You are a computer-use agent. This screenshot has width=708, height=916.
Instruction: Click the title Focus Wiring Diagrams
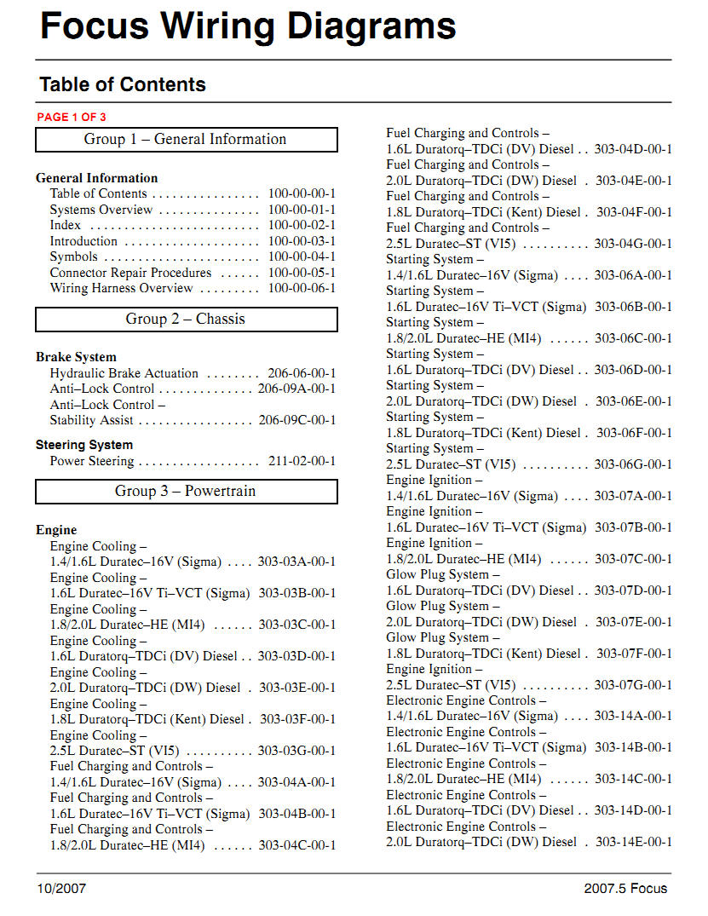[x=248, y=26]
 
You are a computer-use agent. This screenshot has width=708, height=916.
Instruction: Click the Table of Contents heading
[x=123, y=84]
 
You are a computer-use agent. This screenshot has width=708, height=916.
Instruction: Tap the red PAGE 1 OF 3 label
[x=72, y=118]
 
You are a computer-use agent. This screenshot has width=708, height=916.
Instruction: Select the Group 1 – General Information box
[x=186, y=140]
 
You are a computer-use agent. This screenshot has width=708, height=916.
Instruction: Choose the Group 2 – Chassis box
[x=186, y=320]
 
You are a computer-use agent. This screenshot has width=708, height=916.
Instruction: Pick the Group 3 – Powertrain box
[x=186, y=492]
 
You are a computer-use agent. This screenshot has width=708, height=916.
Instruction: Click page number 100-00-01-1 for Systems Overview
[x=302, y=210]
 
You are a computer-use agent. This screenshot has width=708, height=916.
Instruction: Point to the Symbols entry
[x=73, y=256]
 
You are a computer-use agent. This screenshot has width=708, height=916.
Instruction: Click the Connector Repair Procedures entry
[x=130, y=273]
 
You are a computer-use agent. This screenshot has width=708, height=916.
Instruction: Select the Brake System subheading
[x=76, y=357]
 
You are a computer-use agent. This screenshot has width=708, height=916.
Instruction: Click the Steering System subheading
[x=84, y=445]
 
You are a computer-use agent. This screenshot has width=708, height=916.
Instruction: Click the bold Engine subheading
[x=56, y=530]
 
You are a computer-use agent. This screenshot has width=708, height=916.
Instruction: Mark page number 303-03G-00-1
[x=296, y=751]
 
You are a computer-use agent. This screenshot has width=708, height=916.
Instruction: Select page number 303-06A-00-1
[x=633, y=275]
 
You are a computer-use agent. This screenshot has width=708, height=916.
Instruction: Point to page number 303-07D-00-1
[x=633, y=591]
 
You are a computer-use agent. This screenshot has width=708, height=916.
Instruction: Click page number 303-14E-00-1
[x=634, y=842]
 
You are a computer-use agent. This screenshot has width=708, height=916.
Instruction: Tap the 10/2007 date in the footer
[x=61, y=889]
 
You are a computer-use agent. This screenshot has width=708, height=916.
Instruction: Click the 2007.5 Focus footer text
[x=625, y=889]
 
